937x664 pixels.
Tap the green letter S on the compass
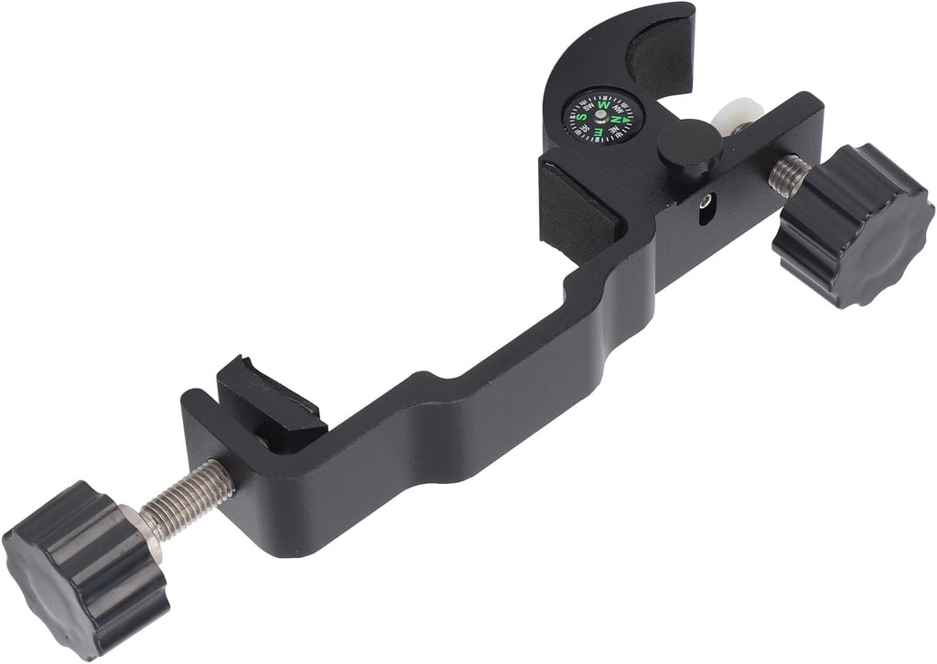point(582,118)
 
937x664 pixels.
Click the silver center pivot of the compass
point(600,115)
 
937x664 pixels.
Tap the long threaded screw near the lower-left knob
point(188,498)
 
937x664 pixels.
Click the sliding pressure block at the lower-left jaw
point(270,403)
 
